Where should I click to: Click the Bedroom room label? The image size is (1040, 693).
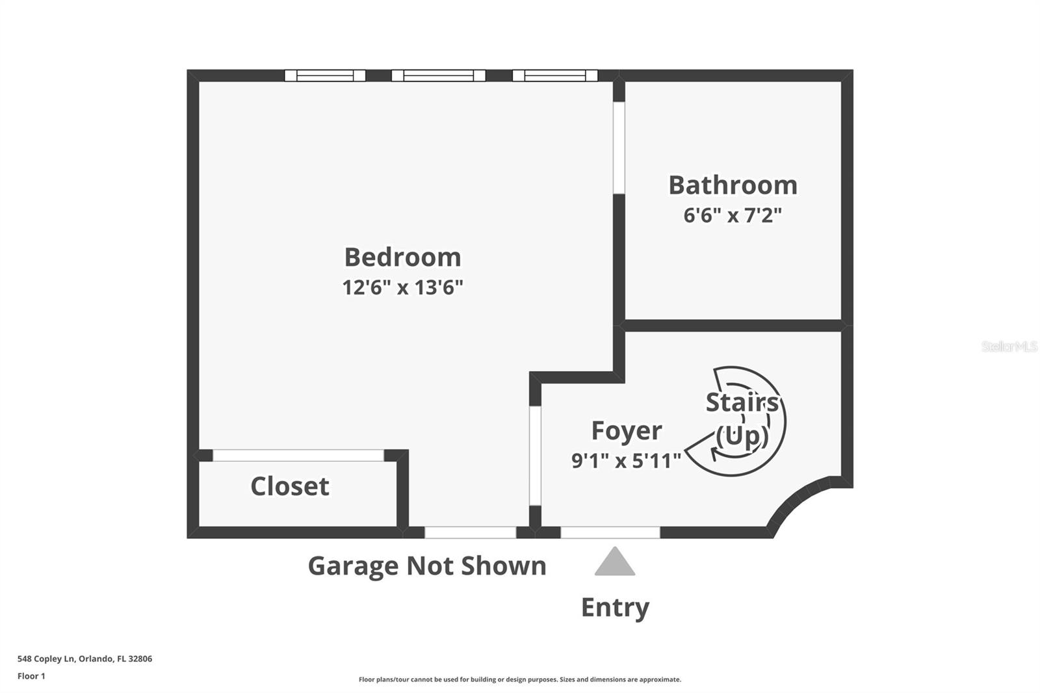pos(402,257)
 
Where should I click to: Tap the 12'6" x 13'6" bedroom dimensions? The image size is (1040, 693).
pos(402,287)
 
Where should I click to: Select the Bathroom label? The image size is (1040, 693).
pos(733,185)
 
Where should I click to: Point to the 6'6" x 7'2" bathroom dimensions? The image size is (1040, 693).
pos(733,215)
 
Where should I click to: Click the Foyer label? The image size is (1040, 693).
pos(626,431)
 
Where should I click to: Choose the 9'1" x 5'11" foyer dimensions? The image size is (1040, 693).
pos(626,461)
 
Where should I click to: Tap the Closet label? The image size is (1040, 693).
pos(290,486)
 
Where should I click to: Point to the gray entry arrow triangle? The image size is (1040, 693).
pos(614,563)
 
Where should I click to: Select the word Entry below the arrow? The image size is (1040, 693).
pos(615,607)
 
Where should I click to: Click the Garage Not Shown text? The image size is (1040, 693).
pos(427,566)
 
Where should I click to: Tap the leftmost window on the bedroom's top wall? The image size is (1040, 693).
pos(325,75)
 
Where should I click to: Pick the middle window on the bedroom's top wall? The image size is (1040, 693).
pos(438,75)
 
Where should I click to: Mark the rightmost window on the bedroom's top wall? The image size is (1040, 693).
pos(554,75)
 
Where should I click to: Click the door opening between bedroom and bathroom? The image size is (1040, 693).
pos(619,148)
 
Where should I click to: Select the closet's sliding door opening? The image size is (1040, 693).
pos(298,455)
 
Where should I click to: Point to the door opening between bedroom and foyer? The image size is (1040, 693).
pos(535,456)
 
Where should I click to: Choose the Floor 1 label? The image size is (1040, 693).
pos(31,676)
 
